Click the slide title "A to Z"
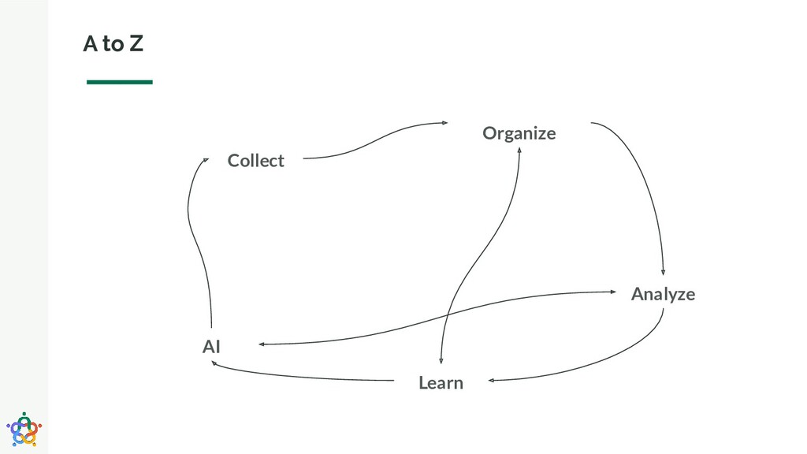[113, 45]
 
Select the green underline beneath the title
[119, 81]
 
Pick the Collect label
[255, 161]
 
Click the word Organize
[519, 133]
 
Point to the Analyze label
[663, 294]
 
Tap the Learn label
[441, 383]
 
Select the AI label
[211, 346]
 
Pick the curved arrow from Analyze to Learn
[607, 363]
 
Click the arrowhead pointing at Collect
[205, 159]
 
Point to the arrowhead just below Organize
[519, 152]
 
